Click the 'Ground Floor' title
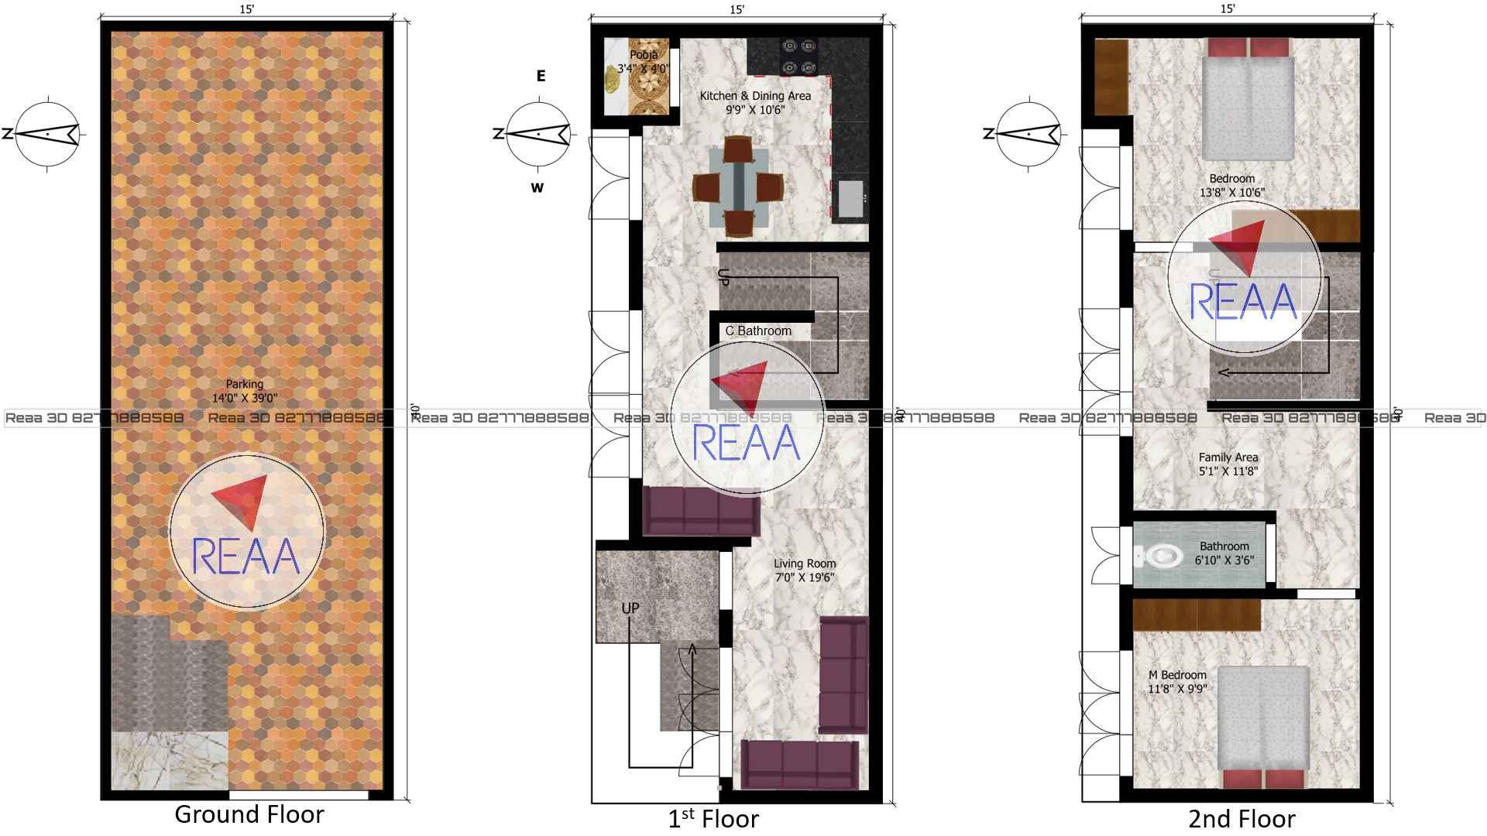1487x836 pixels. pos(249,814)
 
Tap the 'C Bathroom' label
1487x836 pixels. pos(758,331)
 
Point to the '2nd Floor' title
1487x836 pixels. pos(1241,818)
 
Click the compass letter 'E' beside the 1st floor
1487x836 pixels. pos(541,76)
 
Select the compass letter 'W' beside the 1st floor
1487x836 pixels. pos(537,188)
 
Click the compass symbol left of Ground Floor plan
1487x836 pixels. pos(48,134)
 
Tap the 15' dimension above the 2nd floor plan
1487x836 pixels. pos(1228,9)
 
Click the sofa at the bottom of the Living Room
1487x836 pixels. pos(800,765)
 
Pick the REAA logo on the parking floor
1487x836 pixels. pos(246,530)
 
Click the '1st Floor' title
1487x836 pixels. pos(713,818)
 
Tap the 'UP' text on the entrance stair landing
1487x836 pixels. pos(630,608)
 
